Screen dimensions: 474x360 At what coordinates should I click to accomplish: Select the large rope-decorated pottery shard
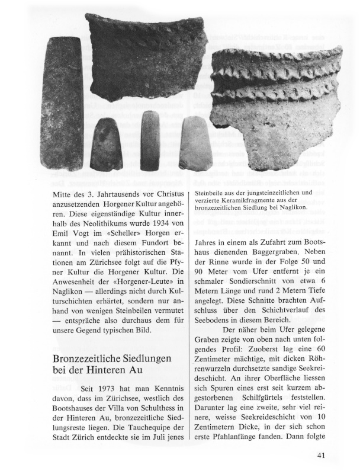[275, 104]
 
